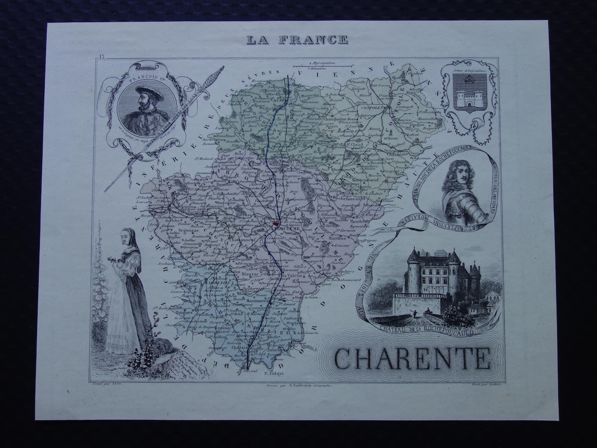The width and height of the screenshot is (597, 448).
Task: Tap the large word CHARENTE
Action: (412, 358)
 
